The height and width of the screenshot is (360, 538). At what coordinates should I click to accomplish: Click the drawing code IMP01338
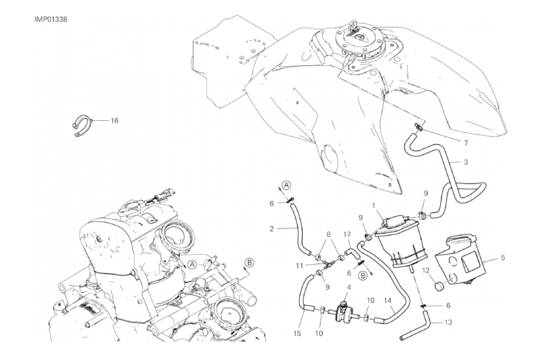(x=51, y=19)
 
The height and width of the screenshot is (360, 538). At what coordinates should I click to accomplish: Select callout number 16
(x=114, y=120)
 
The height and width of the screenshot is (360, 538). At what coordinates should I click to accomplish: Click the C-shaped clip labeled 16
(x=82, y=125)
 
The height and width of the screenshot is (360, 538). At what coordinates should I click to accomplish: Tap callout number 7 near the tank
(x=465, y=143)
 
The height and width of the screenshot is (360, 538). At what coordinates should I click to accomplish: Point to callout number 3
(x=465, y=162)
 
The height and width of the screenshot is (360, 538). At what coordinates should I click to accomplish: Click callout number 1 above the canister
(x=375, y=205)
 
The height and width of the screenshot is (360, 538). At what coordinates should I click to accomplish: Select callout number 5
(x=503, y=257)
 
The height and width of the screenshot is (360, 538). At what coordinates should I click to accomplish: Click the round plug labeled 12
(x=440, y=285)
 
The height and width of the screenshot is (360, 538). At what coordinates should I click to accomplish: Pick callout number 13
(x=448, y=322)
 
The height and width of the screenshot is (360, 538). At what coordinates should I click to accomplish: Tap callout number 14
(x=387, y=301)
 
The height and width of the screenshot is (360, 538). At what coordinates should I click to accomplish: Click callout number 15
(x=297, y=334)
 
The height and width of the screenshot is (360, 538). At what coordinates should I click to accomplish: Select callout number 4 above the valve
(x=348, y=287)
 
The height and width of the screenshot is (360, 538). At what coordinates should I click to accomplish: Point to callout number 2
(x=272, y=228)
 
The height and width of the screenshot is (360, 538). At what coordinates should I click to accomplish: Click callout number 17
(x=347, y=235)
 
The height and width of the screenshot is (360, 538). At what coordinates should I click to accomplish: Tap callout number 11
(x=299, y=266)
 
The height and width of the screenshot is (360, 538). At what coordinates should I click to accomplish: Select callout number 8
(x=328, y=235)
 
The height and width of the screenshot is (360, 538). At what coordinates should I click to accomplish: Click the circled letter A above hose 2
(x=287, y=185)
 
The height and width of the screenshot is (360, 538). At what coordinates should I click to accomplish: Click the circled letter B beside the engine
(x=249, y=263)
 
